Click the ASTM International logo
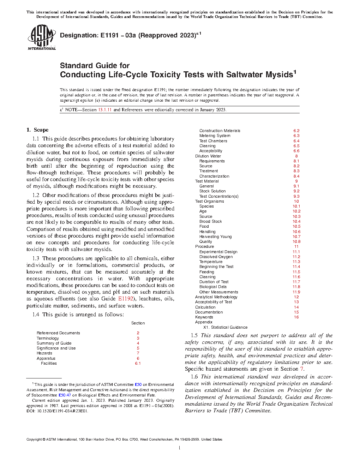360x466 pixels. coord(42,37)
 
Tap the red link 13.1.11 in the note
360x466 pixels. coord(105,110)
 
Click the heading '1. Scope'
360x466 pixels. coord(37,130)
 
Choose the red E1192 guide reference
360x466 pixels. coord(126,299)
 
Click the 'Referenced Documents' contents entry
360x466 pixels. coord(58,333)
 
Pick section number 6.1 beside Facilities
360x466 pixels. coord(138,363)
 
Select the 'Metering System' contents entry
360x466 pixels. coord(215,136)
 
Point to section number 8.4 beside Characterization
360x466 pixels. coord(296,176)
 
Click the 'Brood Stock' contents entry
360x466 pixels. coord(210,221)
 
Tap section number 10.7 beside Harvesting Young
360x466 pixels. coord(296,237)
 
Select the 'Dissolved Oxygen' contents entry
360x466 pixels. coord(216,257)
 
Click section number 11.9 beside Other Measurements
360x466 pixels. coord(296,292)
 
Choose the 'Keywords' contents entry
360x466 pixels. coord(204,317)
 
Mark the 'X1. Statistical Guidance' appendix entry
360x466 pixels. coord(225,327)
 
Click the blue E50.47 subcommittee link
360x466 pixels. coord(65,395)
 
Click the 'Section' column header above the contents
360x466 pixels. coord(138,323)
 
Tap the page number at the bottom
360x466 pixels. coord(180,448)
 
